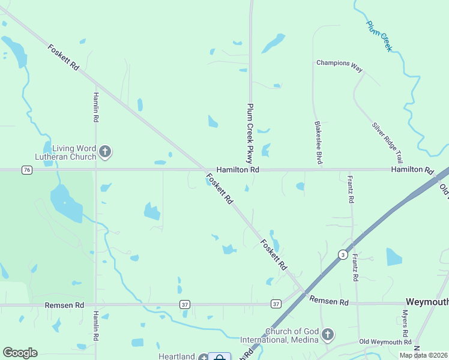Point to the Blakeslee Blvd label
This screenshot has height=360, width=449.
coord(319,143)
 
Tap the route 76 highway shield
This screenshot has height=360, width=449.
coord(26,170)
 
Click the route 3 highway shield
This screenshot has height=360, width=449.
coord(342,254)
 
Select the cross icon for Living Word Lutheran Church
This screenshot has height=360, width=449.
coord(106,152)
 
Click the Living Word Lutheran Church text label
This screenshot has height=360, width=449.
coord(74,152)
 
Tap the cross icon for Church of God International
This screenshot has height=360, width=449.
coord(327,334)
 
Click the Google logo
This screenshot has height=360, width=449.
coord(20,352)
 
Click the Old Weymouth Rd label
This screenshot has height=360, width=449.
coord(385,342)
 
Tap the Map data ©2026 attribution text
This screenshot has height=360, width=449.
coord(423,355)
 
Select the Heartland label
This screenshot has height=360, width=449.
coord(176,356)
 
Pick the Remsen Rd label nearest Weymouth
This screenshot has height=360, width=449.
coord(329,302)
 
